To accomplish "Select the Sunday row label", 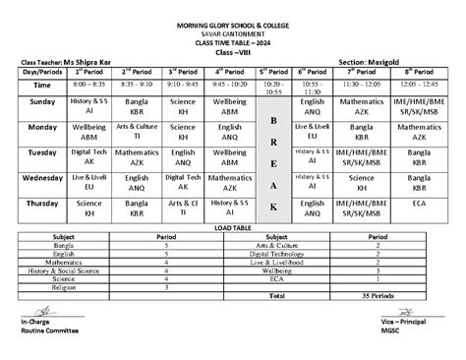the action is (x=42, y=103).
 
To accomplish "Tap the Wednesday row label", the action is (x=42, y=177).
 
